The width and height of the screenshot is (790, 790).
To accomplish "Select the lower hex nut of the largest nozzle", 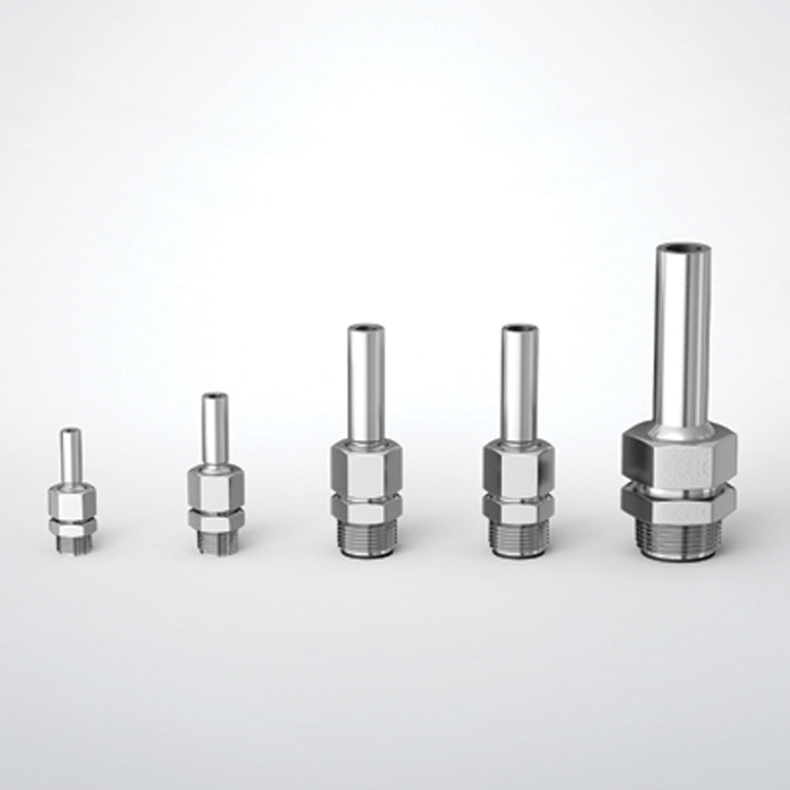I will click(679, 502).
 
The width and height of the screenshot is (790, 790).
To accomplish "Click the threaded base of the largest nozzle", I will click(679, 537).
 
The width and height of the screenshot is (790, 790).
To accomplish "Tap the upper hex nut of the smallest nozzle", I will click(72, 498).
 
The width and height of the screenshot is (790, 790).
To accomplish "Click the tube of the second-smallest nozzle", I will click(215, 431).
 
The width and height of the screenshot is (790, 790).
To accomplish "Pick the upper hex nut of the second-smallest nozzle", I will click(215, 488).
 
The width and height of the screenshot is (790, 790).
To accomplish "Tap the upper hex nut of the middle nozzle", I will click(366, 470).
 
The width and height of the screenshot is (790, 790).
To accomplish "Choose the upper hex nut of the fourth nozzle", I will click(519, 470).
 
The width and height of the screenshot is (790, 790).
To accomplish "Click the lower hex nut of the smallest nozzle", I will click(72, 525).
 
